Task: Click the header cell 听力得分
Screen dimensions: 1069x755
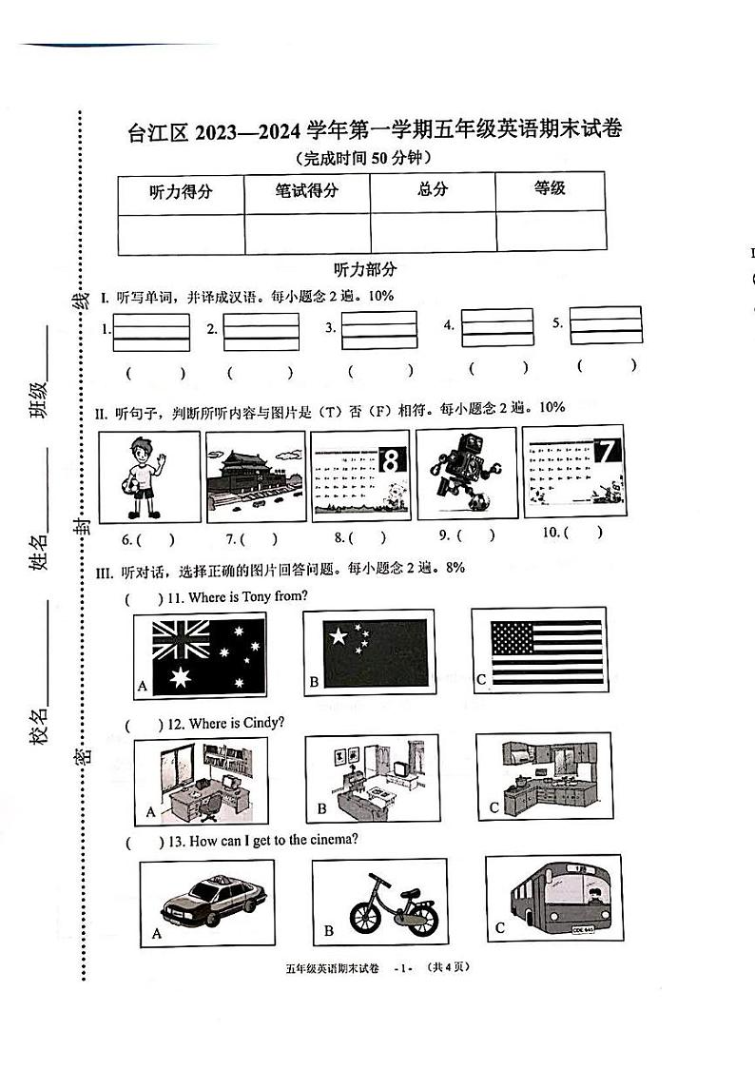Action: pos(181,192)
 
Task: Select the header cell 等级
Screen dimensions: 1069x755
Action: pos(550,188)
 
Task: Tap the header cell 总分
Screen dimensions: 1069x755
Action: pos(433,189)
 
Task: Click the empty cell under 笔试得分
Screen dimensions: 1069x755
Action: pos(306,233)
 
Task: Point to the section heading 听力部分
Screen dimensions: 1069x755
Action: pos(365,270)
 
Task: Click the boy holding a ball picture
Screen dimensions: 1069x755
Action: pos(149,476)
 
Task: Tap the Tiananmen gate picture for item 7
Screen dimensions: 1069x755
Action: pos(255,476)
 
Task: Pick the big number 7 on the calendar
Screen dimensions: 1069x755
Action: pos(606,454)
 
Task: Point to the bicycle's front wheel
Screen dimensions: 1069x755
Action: pos(367,918)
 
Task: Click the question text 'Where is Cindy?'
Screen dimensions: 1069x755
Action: pos(236,724)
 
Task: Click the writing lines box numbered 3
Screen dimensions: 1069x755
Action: pos(379,330)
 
